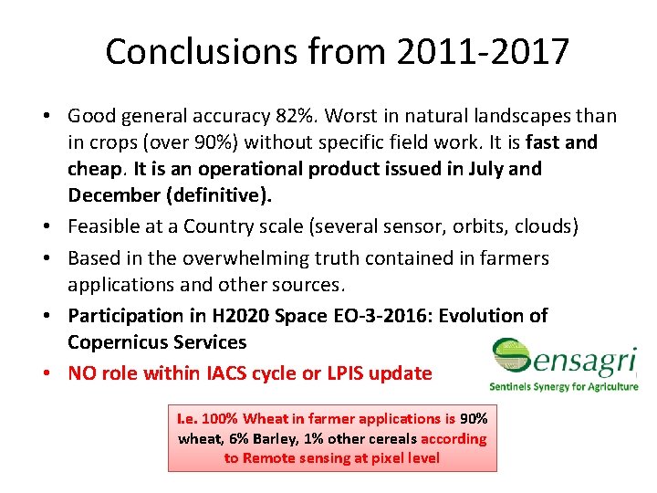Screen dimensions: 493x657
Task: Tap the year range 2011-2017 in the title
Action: click(x=484, y=51)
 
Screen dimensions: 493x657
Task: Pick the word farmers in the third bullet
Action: click(x=516, y=258)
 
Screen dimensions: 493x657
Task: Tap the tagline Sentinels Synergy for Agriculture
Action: click(x=563, y=386)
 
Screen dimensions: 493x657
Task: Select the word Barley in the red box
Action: click(x=255, y=438)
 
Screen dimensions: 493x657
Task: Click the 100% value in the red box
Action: click(x=219, y=419)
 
